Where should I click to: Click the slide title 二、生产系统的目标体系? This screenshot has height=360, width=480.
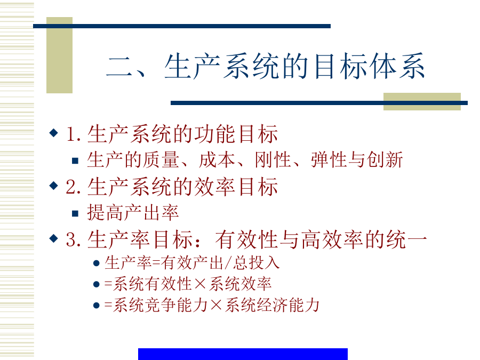click(x=266, y=66)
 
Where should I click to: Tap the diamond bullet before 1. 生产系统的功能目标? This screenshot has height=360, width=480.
click(x=53, y=133)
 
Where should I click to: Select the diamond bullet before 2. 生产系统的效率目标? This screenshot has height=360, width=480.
click(x=53, y=186)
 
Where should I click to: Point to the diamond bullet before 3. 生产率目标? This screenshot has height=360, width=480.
click(x=53, y=238)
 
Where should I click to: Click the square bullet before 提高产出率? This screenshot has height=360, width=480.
click(x=75, y=213)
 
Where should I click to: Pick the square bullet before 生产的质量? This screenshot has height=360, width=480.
click(x=75, y=161)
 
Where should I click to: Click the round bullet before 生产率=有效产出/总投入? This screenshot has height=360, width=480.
click(x=97, y=263)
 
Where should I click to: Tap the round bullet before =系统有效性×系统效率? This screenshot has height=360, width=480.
click(x=97, y=284)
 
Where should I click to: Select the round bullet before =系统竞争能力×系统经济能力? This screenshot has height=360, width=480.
click(x=97, y=306)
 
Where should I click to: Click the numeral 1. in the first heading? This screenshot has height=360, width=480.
click(x=74, y=134)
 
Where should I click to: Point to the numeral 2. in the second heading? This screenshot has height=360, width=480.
click(x=74, y=187)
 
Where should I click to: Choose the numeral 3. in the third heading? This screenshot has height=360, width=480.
click(x=74, y=239)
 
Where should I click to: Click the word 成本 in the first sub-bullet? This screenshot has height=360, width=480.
click(x=217, y=160)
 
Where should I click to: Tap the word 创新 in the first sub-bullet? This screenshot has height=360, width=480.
click(x=385, y=160)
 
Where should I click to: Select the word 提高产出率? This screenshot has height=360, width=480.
click(x=133, y=212)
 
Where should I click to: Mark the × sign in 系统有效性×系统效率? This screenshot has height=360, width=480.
click(x=200, y=284)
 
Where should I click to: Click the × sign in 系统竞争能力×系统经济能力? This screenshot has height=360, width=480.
click(x=216, y=305)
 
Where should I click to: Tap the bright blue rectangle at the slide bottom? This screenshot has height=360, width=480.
click(x=243, y=354)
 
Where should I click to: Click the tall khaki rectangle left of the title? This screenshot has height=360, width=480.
click(x=59, y=55)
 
